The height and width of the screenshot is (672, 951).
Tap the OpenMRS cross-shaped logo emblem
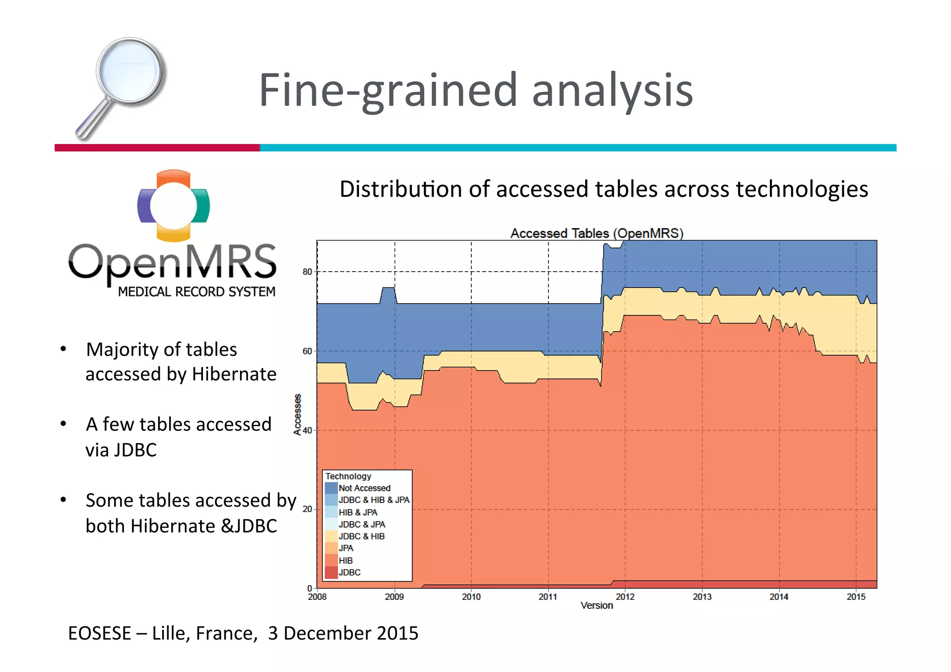[174, 205]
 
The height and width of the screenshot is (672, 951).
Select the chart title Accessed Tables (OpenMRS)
[597, 233]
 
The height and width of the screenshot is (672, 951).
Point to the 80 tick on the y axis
[307, 272]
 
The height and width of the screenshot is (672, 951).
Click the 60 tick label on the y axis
[307, 351]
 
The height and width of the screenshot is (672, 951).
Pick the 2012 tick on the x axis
[625, 597]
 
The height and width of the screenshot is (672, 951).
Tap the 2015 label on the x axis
[856, 597]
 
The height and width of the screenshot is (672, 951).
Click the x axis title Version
[597, 606]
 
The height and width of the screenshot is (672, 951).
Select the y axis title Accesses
[297, 414]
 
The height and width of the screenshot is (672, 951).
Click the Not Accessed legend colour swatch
[331, 488]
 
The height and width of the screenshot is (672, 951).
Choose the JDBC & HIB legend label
[362, 536]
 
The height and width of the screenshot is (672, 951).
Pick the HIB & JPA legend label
[358, 512]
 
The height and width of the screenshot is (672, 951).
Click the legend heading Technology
[348, 476]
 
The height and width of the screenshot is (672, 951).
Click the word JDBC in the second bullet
[135, 450]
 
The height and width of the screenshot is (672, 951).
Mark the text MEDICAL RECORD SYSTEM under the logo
[196, 292]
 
